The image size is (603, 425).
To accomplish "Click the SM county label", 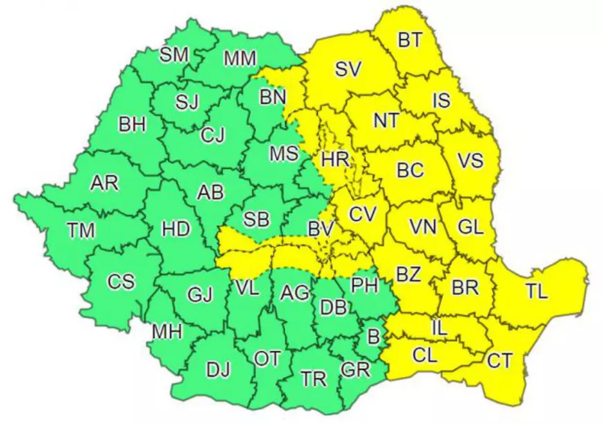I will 174,55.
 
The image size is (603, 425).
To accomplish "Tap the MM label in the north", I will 240,59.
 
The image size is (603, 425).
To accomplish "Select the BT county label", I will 410,40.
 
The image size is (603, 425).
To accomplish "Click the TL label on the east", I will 536,292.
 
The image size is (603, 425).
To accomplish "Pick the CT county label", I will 500,361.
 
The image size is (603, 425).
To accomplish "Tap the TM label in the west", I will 81,229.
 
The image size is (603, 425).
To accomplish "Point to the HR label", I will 335,159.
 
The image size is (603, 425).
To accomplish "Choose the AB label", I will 211,192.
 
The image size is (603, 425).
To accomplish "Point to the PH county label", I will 365,284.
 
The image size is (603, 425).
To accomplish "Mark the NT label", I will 386,120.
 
